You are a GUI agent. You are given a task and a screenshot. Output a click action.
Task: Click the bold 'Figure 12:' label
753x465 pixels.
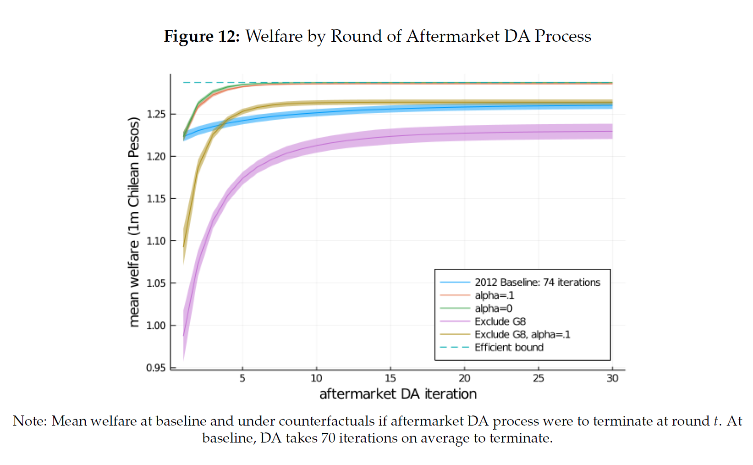point(202,36)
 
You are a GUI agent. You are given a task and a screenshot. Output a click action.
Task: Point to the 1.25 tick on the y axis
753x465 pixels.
point(156,114)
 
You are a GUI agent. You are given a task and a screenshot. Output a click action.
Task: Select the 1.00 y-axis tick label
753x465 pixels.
point(156,326)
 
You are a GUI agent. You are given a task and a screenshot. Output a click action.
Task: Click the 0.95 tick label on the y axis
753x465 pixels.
point(156,368)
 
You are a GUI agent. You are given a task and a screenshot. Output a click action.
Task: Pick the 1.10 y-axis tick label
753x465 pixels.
point(156,241)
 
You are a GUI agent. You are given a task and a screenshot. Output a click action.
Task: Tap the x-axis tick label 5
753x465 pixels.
point(242,378)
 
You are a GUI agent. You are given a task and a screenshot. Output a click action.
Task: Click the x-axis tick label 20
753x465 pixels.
point(464,378)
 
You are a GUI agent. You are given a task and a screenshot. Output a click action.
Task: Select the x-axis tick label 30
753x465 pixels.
point(612,378)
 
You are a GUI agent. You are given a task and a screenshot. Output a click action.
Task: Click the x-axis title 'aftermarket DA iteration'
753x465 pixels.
point(398,394)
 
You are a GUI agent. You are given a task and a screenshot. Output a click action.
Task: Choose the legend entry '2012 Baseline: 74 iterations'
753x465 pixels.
point(537,282)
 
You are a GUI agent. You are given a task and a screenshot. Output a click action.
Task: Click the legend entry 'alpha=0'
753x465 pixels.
point(493,309)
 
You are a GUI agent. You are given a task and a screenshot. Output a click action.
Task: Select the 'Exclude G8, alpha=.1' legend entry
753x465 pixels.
point(522,335)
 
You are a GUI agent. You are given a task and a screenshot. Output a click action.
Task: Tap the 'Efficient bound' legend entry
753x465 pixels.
point(509,348)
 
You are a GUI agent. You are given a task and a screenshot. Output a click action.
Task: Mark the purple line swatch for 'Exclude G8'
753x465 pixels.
point(455,321)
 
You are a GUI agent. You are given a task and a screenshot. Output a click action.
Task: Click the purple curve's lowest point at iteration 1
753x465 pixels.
point(184,336)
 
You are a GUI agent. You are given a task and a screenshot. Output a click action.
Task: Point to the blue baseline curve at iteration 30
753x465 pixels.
point(612,105)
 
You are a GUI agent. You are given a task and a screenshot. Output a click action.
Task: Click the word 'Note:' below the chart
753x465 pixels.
point(30,421)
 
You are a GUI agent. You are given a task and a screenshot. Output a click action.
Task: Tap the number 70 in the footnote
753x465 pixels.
point(328,438)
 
